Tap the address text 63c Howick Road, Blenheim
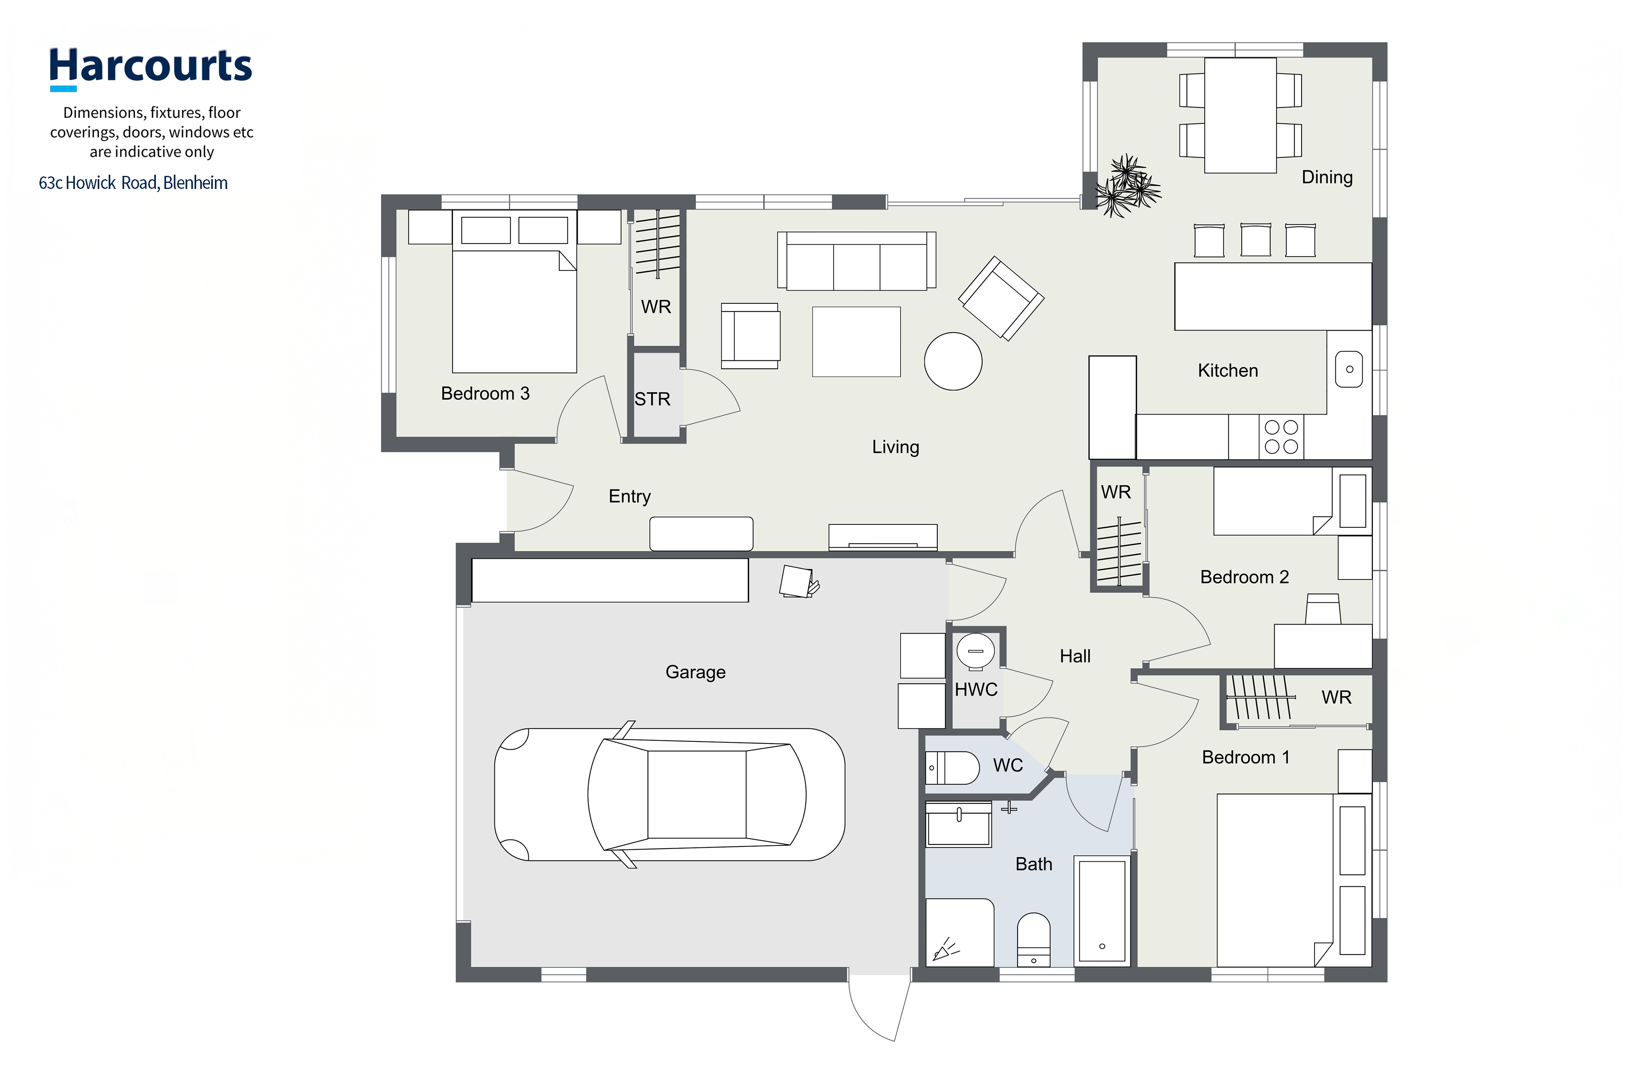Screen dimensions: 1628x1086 coord(133,183)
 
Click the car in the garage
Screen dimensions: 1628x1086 coord(670,794)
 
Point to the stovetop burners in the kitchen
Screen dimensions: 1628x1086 coord(1281,437)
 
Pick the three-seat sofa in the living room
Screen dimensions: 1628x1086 coord(857,261)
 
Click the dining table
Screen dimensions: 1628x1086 coord(1241,115)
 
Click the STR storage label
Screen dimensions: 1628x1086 coord(652,399)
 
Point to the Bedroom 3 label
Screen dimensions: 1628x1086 coord(485,393)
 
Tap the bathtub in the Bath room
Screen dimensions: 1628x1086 coord(1102,910)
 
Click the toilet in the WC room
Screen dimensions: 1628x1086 coord(952,768)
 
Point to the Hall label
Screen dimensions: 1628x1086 coord(1075,656)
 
